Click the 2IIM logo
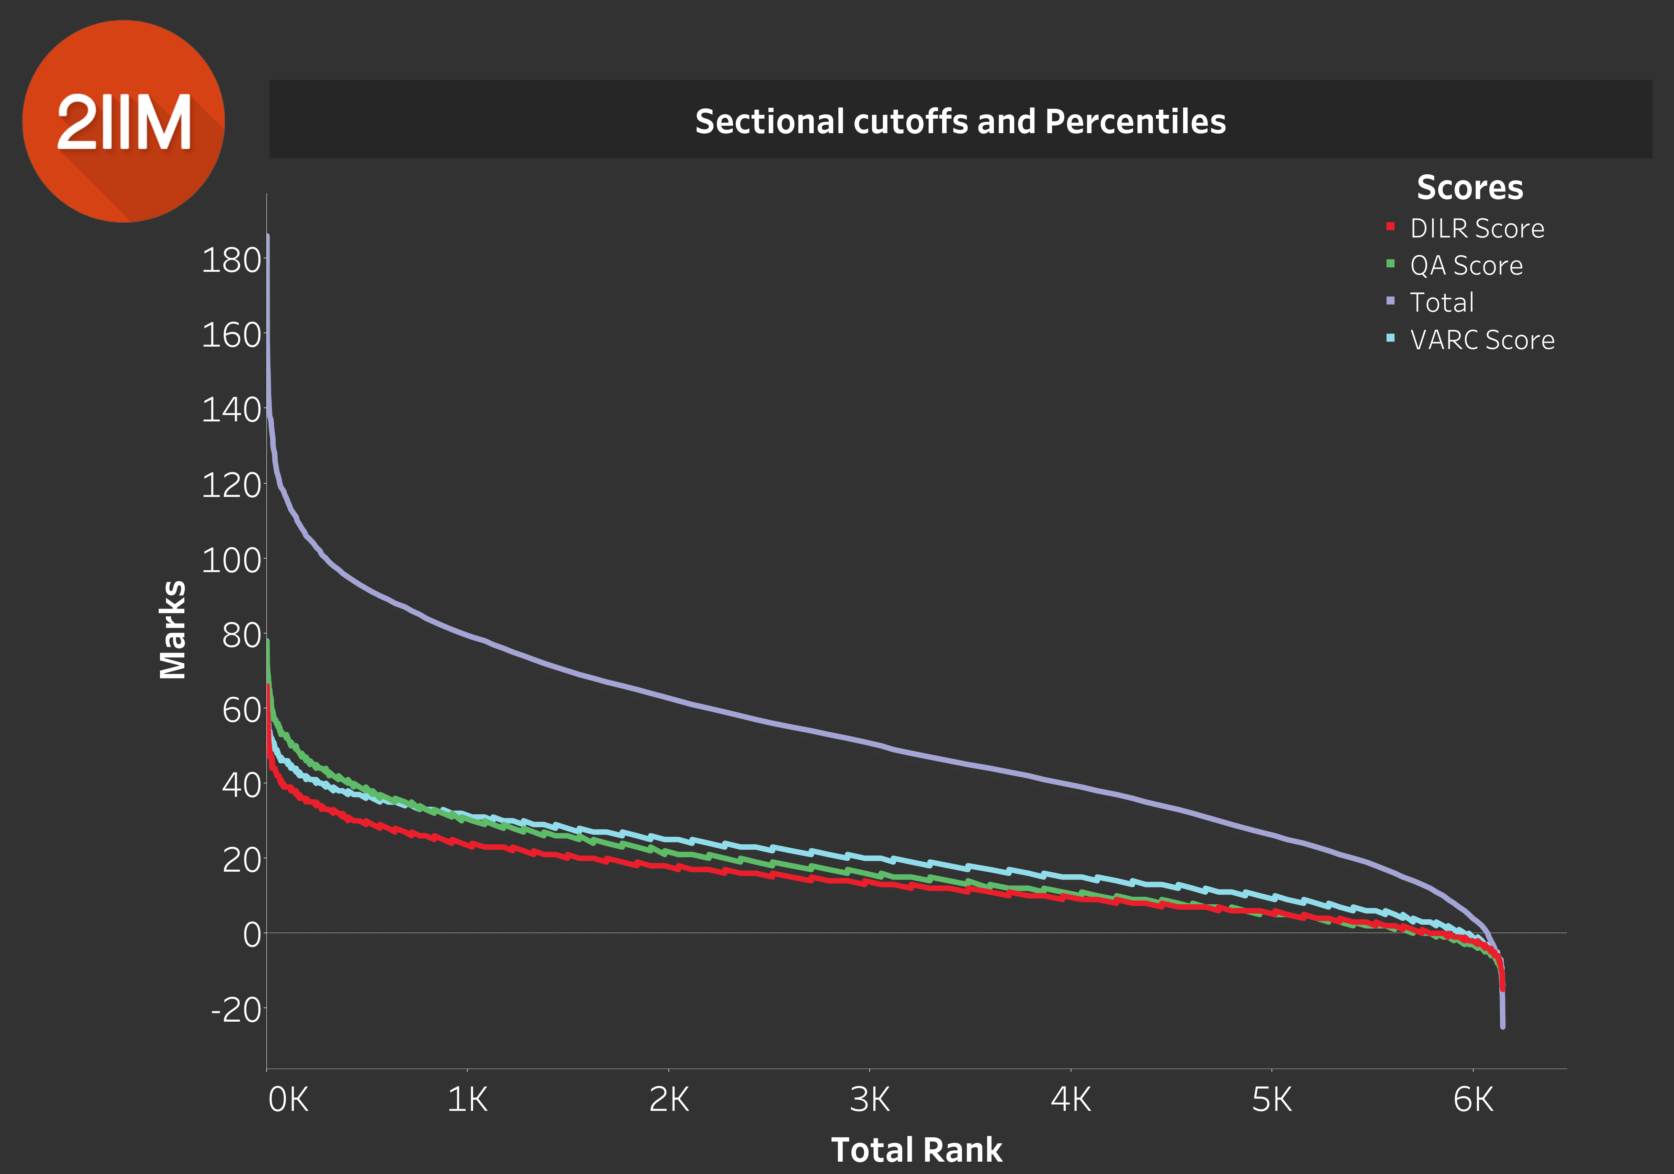pyautogui.click(x=123, y=121)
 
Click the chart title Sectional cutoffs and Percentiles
pyautogui.click(x=960, y=121)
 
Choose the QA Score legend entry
pyautogui.click(x=1466, y=265)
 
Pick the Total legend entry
pyautogui.click(x=1442, y=302)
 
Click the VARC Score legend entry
pyautogui.click(x=1481, y=340)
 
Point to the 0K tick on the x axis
pyautogui.click(x=288, y=1099)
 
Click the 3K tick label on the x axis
pyautogui.click(x=870, y=1099)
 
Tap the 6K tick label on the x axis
pyautogui.click(x=1473, y=1099)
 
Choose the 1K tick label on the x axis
pyautogui.click(x=467, y=1099)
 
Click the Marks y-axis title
pyautogui.click(x=173, y=630)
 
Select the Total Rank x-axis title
pyautogui.click(x=916, y=1149)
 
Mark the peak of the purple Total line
pyautogui.click(x=267, y=235)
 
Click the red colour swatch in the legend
pyautogui.click(x=1390, y=226)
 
